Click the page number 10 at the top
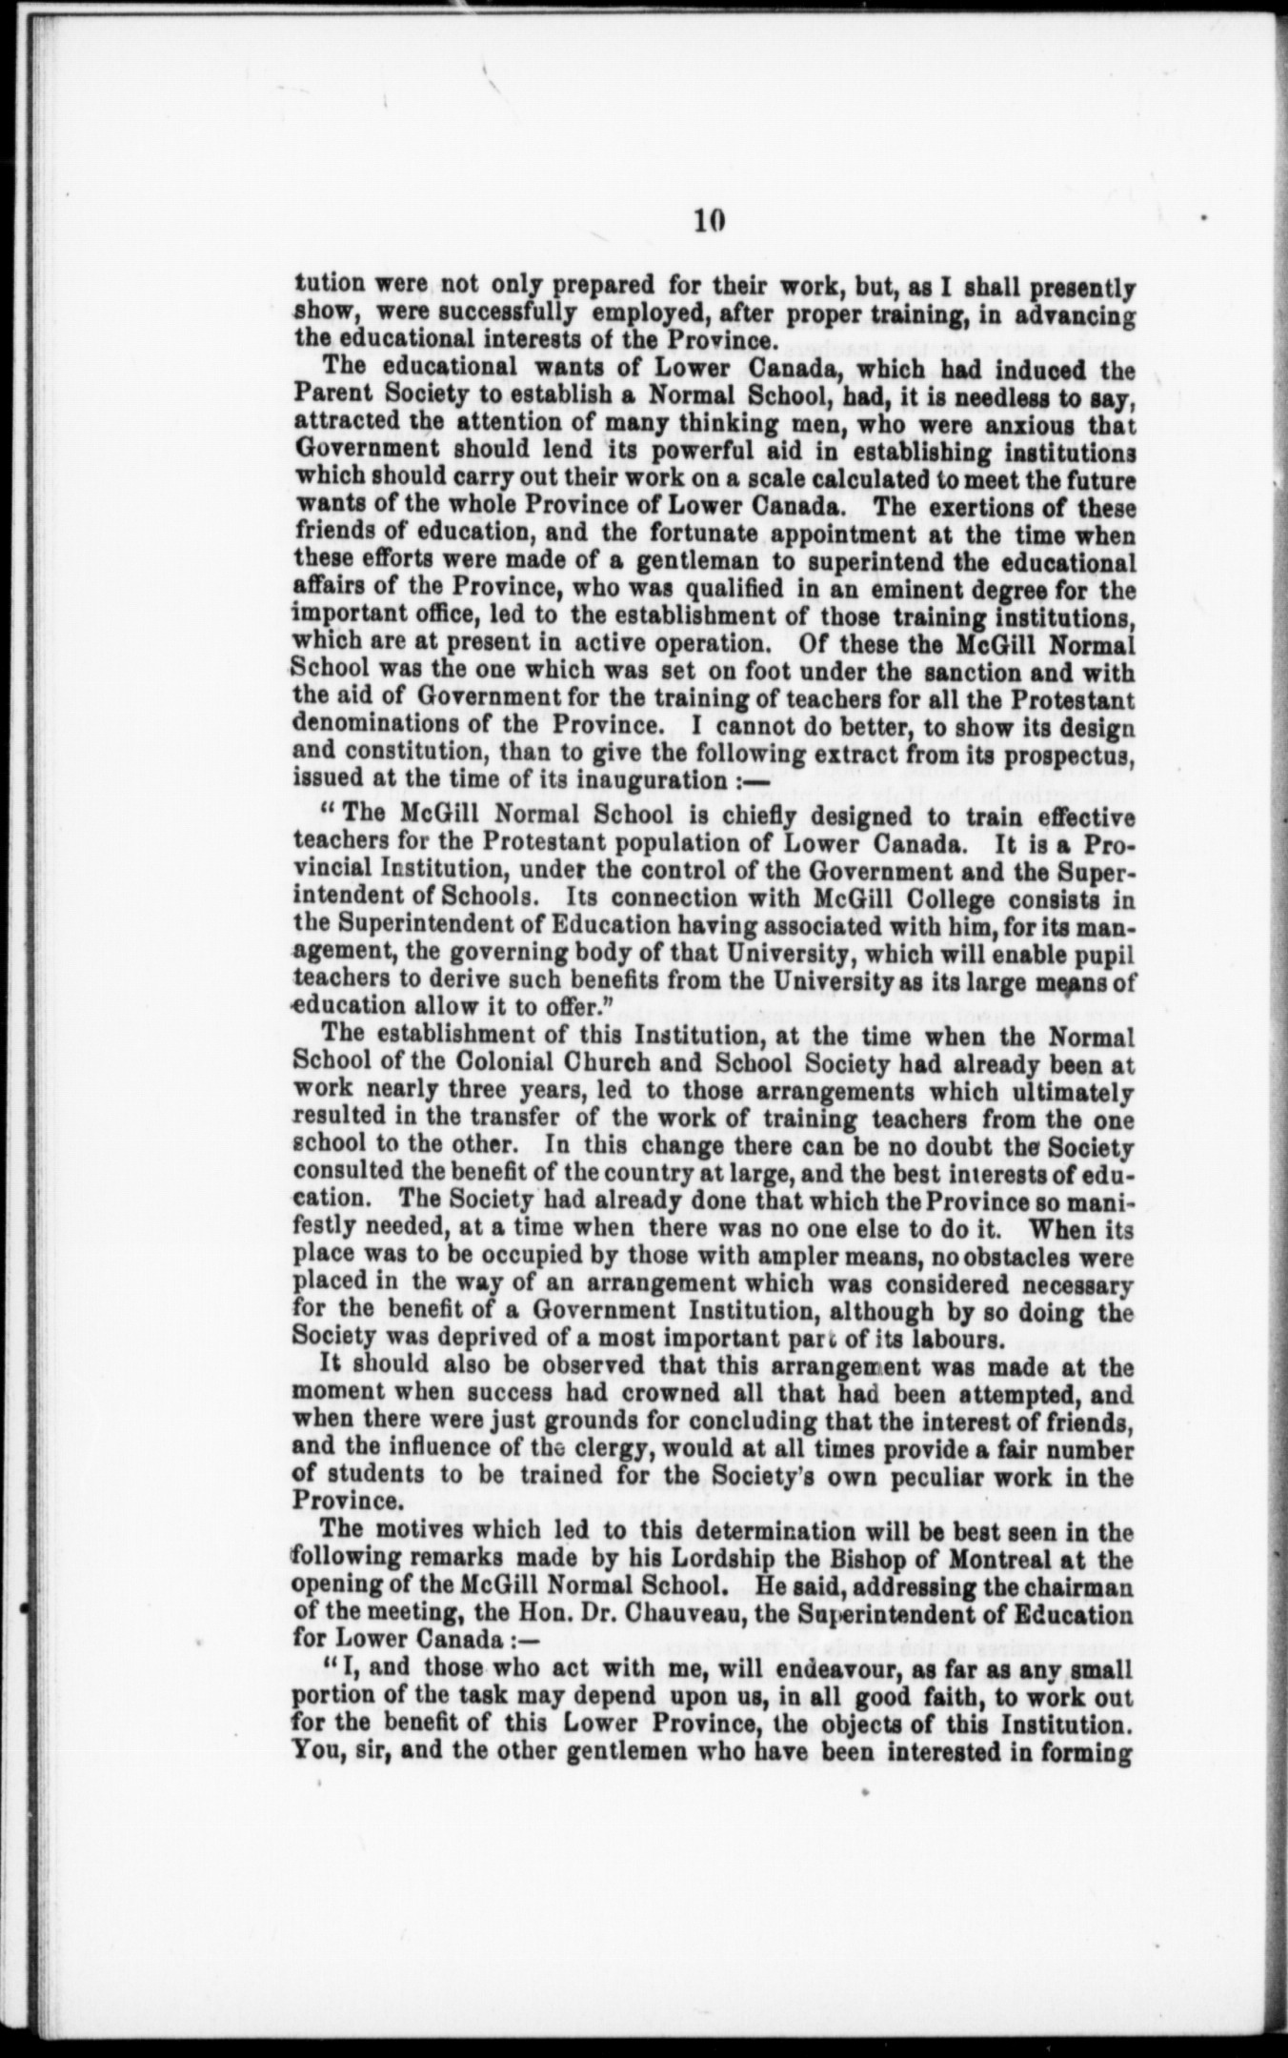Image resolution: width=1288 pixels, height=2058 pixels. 710,220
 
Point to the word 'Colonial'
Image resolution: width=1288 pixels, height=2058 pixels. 461,1064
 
